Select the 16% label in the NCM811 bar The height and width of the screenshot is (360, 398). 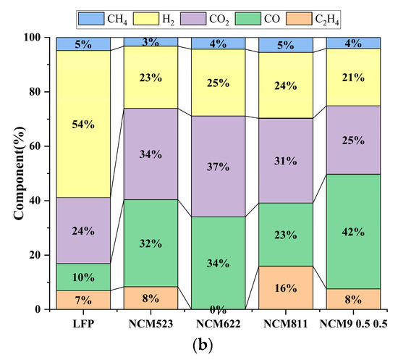tap(286, 288)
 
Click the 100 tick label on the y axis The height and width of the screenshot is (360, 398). tap(33, 37)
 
